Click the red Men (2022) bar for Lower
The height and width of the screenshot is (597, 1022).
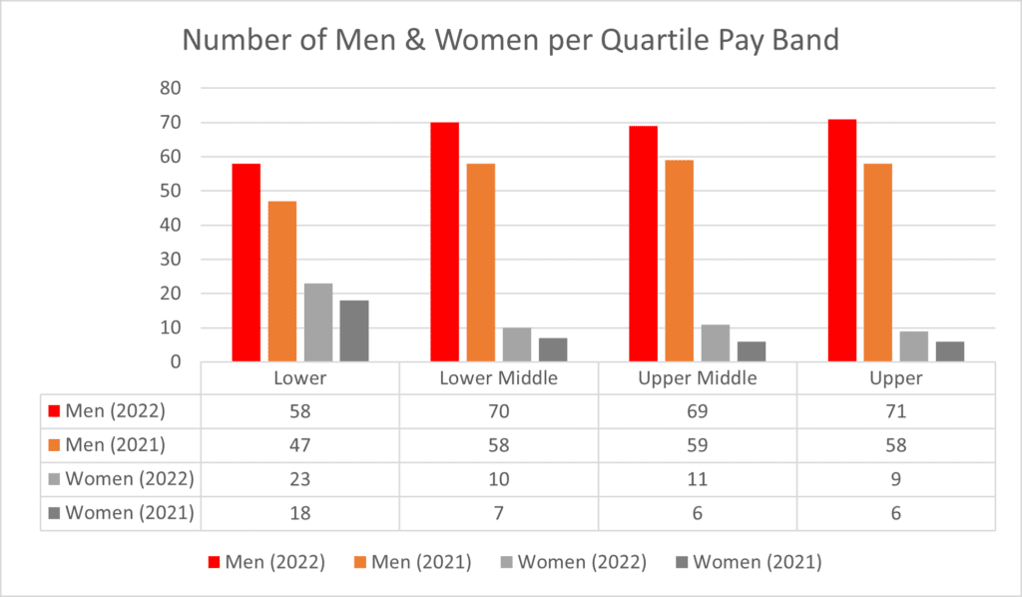[x=247, y=263]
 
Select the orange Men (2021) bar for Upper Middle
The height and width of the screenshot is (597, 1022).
[x=679, y=261]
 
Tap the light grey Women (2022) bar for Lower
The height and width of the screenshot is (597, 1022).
[x=318, y=322]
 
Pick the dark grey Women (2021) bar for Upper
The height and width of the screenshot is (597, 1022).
[x=950, y=351]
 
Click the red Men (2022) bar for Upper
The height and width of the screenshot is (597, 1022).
[x=842, y=241]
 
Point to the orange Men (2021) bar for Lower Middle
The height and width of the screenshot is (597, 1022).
[x=481, y=263]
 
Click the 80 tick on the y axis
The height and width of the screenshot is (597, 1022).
[x=170, y=88]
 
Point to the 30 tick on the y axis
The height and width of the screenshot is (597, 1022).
[x=170, y=260]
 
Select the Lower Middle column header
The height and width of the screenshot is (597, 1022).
[x=499, y=378]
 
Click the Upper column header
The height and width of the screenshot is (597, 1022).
[x=896, y=378]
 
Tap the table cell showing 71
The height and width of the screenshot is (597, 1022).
[x=896, y=411]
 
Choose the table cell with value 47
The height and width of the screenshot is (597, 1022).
[x=299, y=445]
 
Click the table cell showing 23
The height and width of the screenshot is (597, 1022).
[x=299, y=479]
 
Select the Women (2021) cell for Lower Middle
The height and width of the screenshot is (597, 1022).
[x=499, y=513]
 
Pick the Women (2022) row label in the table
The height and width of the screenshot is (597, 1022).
[x=121, y=479]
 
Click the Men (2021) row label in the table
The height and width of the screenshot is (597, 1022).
[x=107, y=445]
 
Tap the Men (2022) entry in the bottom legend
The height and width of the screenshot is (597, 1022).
[x=266, y=562]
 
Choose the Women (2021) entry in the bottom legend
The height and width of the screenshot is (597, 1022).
[x=749, y=562]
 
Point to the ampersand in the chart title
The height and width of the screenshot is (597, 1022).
[x=415, y=40]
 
